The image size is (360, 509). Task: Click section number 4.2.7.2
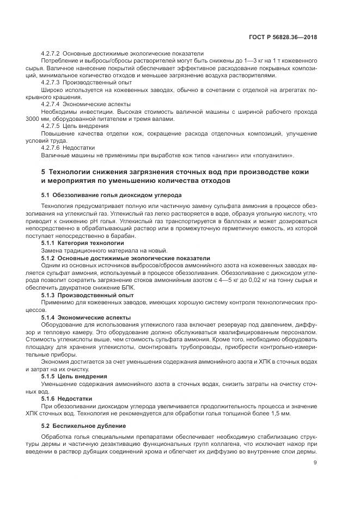click(51, 53)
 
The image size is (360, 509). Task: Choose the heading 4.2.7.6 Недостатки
click(68, 146)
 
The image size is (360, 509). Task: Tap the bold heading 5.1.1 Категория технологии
click(82, 243)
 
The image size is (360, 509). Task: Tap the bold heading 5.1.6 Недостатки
click(67, 398)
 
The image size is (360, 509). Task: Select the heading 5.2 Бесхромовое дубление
click(78, 428)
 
